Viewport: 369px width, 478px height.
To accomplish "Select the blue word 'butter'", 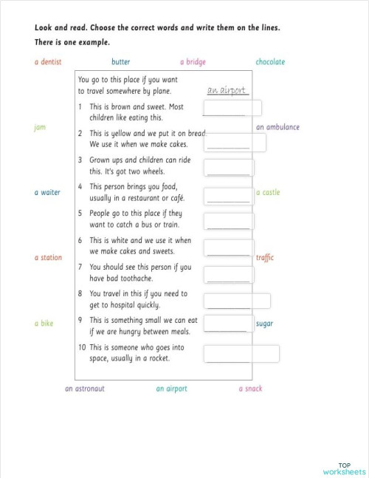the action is click(x=121, y=62).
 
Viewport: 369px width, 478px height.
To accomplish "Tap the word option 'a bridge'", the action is click(x=193, y=62).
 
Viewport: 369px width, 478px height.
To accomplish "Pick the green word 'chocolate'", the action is click(x=270, y=62).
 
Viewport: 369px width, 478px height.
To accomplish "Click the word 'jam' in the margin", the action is click(x=40, y=127).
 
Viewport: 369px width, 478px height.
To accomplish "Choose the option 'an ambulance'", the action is click(x=277, y=127).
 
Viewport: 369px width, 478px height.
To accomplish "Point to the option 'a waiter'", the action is click(x=47, y=192).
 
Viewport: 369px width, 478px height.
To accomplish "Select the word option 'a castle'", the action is click(x=268, y=192).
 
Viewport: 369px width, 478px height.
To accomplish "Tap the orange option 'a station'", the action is click(x=48, y=258).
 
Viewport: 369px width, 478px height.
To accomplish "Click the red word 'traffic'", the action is click(x=265, y=258).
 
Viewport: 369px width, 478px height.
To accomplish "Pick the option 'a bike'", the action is click(x=44, y=324).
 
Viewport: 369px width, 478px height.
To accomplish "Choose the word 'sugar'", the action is click(x=264, y=324).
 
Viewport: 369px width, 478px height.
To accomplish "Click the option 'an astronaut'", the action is click(x=85, y=389).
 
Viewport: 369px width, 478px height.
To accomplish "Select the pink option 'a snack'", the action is click(x=250, y=389).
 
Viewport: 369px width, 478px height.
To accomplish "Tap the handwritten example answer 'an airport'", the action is click(x=227, y=90).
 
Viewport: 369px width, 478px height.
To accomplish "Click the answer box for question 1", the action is click(x=232, y=109).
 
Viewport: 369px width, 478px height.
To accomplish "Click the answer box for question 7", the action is click(x=230, y=273).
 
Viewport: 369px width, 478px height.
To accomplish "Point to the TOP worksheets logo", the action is click(x=344, y=468).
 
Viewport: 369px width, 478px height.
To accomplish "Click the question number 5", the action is click(x=80, y=213).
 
